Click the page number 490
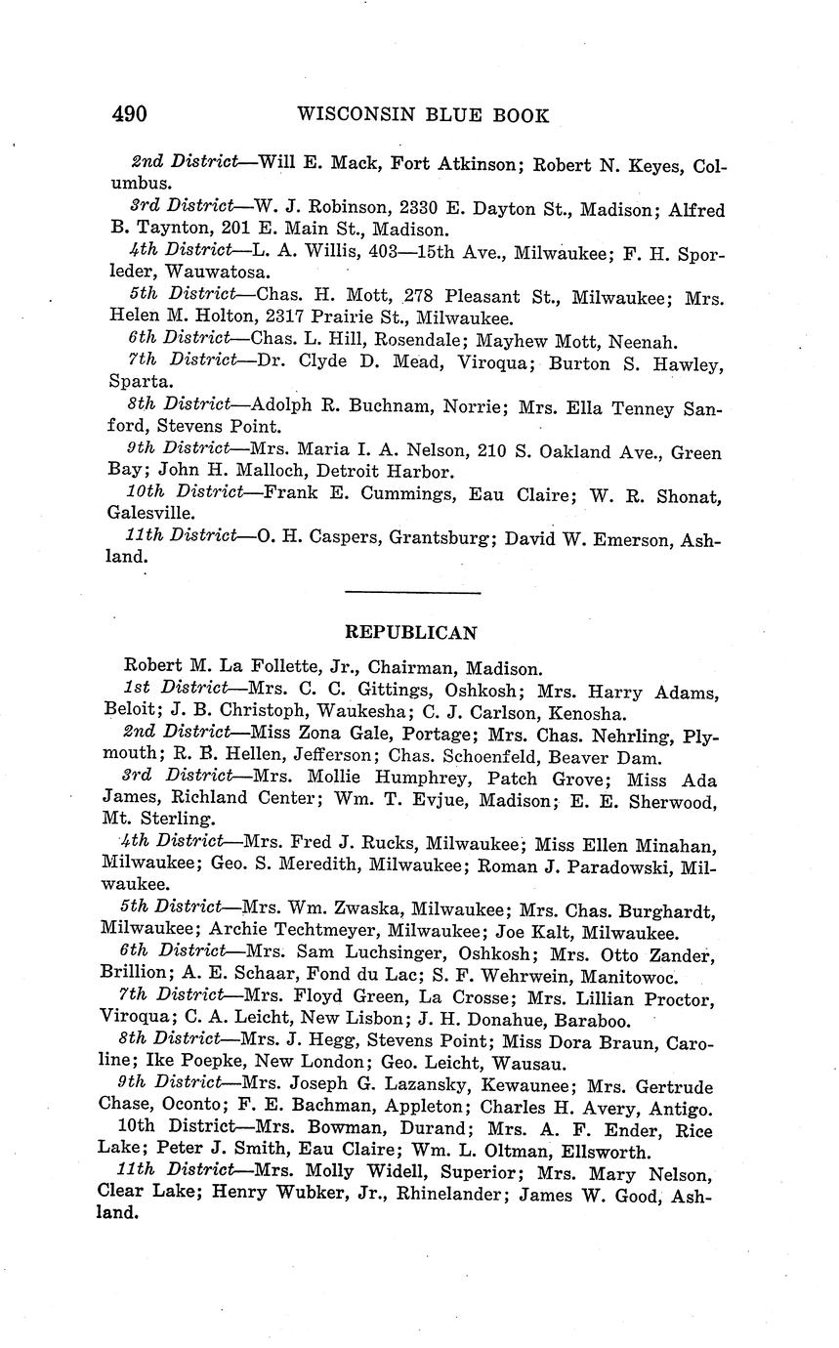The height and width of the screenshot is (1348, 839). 129,114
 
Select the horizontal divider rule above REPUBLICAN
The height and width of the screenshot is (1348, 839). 413,593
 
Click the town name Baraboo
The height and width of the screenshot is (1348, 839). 576,1021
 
